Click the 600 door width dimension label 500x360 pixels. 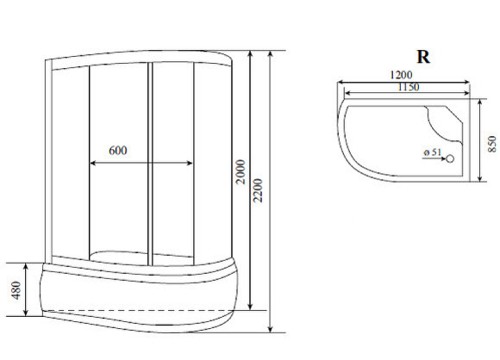[x=118, y=150]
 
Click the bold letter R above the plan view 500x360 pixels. [x=423, y=58]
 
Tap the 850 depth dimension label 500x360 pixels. [x=491, y=143]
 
